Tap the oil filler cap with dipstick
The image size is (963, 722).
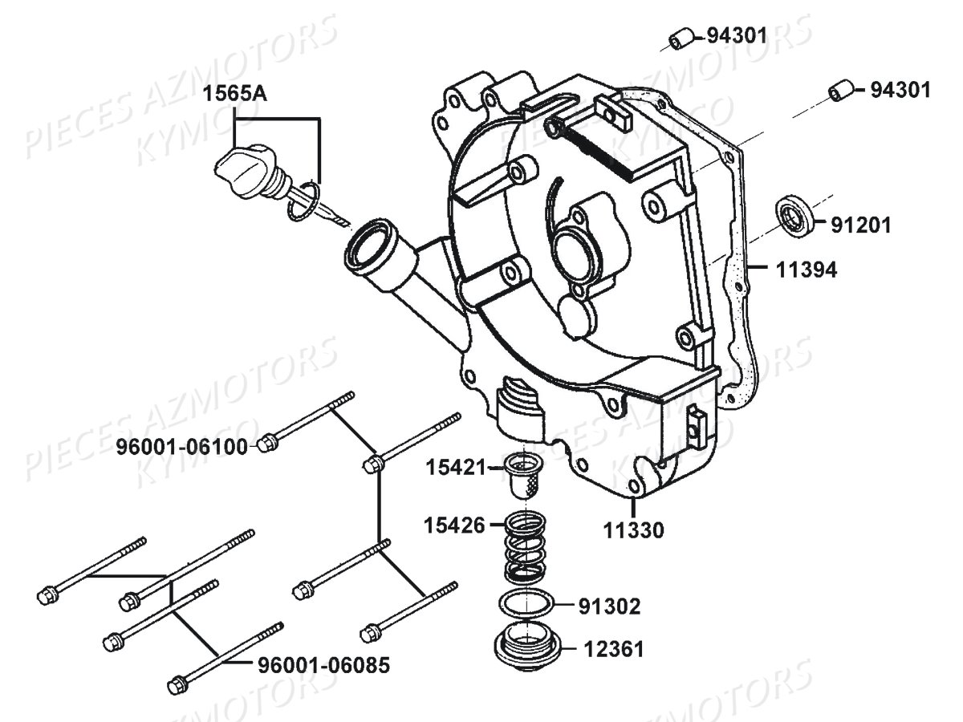pyautogui.click(x=242, y=168)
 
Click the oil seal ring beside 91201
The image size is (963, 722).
pyautogui.click(x=794, y=215)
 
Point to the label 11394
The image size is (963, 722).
pyautogui.click(x=806, y=271)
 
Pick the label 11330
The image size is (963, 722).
pyautogui.click(x=633, y=530)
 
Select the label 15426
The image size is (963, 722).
pyautogui.click(x=456, y=526)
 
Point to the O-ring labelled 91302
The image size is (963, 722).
pyautogui.click(x=525, y=604)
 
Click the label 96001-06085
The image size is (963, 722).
pyautogui.click(x=323, y=665)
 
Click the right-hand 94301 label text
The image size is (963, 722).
pyautogui.click(x=900, y=90)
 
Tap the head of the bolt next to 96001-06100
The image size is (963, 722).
pyautogui.click(x=268, y=444)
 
